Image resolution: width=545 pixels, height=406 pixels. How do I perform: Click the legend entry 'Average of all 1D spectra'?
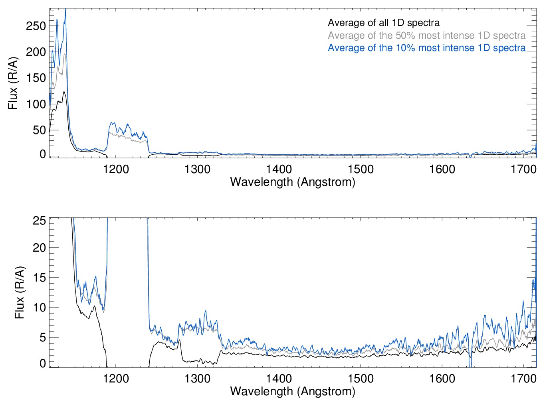384,23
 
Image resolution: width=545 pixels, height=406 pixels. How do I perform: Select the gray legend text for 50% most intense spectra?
426,35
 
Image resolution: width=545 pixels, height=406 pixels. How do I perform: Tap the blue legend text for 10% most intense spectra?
426,48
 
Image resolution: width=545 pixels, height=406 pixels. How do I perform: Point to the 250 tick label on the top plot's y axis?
36,26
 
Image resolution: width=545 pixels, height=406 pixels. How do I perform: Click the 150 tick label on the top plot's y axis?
36,78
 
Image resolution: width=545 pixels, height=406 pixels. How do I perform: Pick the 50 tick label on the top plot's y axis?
39,130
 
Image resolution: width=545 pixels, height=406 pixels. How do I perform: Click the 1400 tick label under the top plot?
279,169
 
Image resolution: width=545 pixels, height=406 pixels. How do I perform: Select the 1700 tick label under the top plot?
523,169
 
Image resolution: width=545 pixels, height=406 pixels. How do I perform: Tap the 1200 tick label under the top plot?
116,169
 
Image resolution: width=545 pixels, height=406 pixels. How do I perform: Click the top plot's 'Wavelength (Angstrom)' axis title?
293,182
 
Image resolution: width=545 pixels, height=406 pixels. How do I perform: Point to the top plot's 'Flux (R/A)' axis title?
13,83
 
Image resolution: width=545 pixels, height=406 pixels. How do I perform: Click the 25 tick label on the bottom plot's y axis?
39,221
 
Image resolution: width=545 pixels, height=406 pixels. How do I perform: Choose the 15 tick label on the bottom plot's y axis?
39,278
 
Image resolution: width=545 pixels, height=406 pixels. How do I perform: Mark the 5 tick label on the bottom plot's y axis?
42,338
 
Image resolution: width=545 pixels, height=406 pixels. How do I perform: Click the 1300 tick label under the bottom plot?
197,378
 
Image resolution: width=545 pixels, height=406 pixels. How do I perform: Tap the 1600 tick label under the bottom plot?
442,378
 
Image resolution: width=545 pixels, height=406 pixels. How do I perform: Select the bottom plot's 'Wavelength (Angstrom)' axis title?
293,391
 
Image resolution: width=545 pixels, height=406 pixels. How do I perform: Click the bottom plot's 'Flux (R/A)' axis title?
20,292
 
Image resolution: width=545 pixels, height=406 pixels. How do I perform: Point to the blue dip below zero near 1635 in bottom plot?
470,364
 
